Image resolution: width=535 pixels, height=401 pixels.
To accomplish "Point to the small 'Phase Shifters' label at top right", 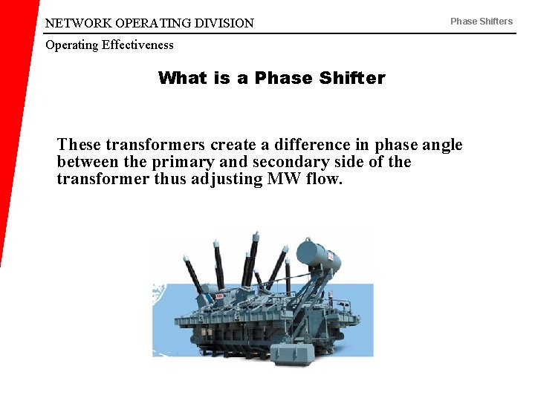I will pos(481,21).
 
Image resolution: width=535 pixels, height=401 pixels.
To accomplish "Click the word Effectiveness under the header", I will pos(137,45).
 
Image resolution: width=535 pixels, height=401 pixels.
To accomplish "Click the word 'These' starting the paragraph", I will pos(79,144).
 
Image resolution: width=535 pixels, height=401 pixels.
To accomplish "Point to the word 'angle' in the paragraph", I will pos(441,144).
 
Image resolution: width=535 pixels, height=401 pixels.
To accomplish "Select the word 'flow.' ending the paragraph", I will pos(324,179).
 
